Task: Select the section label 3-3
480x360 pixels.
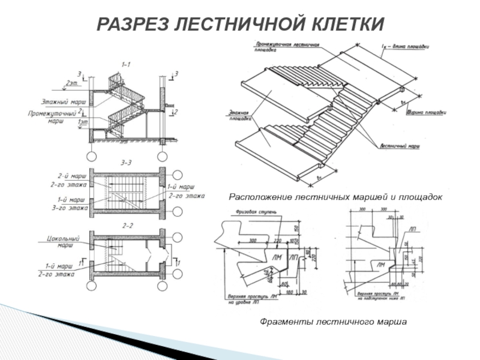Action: [127, 163]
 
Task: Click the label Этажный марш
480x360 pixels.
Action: [63, 102]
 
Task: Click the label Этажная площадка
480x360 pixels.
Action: [239, 116]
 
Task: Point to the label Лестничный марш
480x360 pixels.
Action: [399, 146]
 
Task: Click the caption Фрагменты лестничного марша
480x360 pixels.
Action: [333, 322]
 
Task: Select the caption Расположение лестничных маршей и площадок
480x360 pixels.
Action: [335, 197]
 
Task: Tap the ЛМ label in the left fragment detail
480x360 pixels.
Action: [277, 257]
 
